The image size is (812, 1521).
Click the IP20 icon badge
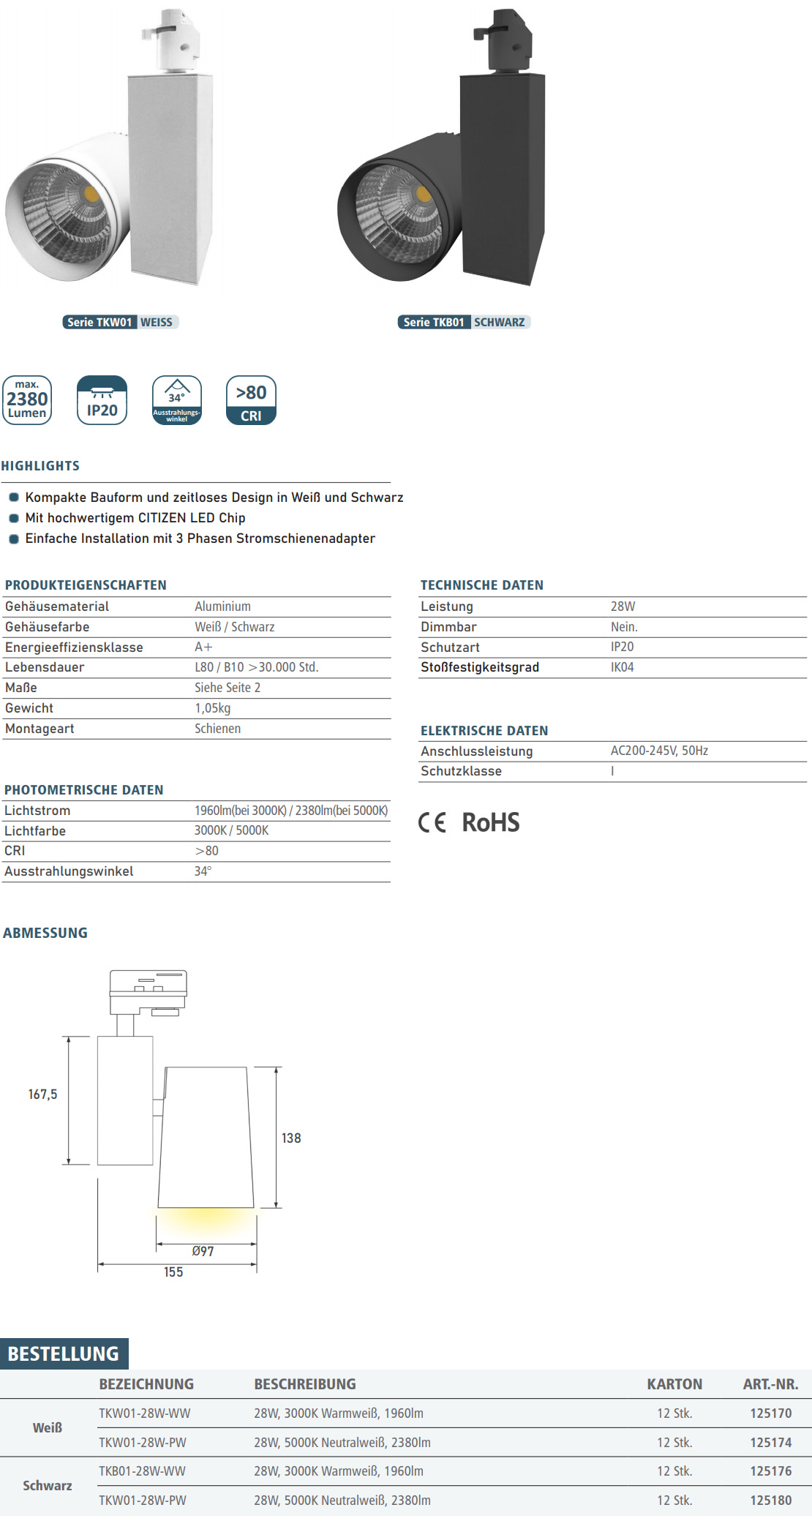click(x=102, y=400)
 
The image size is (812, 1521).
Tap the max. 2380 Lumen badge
click(x=27, y=400)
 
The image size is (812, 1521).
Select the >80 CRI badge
click(x=251, y=400)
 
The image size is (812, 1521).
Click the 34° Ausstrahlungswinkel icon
click(x=176, y=400)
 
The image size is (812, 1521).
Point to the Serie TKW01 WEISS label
click(x=121, y=322)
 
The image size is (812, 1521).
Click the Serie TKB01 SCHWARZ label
click(x=464, y=322)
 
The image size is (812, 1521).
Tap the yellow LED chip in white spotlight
click(x=91, y=195)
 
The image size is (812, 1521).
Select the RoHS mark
click(x=490, y=822)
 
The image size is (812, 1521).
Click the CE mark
click(x=432, y=823)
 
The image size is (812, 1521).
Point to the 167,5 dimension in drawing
click(x=42, y=1094)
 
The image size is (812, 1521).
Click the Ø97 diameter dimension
click(x=203, y=1252)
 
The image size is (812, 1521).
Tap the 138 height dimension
click(x=291, y=1138)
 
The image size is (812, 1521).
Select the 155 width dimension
click(x=173, y=1272)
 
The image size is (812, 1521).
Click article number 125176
click(x=770, y=1471)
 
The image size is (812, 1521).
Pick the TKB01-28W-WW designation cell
click(x=142, y=1471)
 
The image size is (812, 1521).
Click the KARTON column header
click(x=674, y=1384)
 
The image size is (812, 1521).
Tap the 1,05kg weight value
click(x=212, y=708)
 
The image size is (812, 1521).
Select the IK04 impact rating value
click(x=622, y=667)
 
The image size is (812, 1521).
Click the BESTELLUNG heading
click(x=64, y=1354)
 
